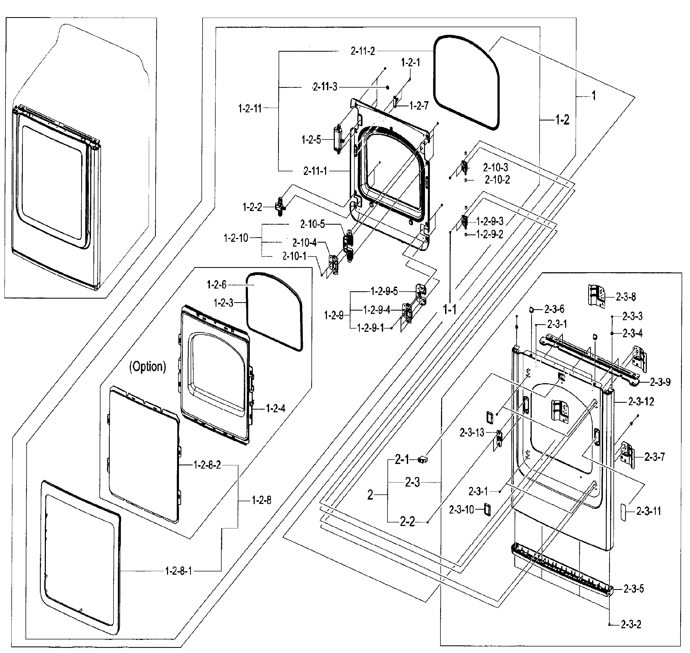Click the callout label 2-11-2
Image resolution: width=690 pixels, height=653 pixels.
click(362, 51)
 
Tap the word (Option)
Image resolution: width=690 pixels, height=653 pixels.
click(148, 367)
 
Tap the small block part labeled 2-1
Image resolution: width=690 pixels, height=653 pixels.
click(423, 460)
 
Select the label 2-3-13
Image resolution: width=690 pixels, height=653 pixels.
click(472, 433)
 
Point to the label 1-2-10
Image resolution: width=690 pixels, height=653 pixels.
click(236, 238)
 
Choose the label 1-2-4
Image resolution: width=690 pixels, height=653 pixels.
click(275, 408)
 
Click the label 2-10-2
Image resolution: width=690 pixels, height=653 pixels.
click(497, 180)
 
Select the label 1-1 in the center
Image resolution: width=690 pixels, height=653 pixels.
click(449, 309)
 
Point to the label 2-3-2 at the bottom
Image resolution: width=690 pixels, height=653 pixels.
click(631, 624)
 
